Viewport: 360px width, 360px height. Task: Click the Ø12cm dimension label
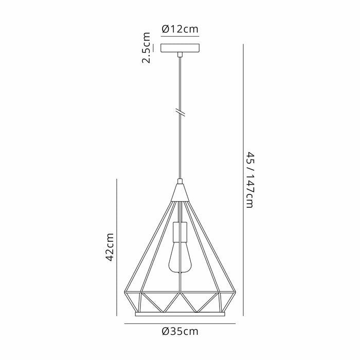pyautogui.click(x=180, y=29)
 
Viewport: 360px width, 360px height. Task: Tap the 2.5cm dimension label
pyautogui.click(x=147, y=47)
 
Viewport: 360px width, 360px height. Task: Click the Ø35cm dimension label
pyautogui.click(x=180, y=332)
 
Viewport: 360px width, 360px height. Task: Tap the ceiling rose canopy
pyautogui.click(x=180, y=48)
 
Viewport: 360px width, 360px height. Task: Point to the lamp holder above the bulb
pyautogui.click(x=180, y=233)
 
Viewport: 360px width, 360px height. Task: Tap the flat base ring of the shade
pyautogui.click(x=180, y=313)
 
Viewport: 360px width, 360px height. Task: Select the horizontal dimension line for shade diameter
pyautogui.click(x=180, y=323)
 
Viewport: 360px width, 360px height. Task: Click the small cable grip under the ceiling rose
pyautogui.click(x=180, y=53)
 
